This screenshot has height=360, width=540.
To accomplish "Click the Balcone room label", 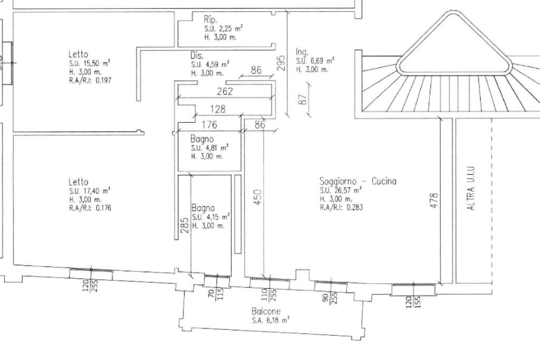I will [266, 312].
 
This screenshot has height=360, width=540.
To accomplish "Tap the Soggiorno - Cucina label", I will [358, 181].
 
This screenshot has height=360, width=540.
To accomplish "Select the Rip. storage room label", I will [210, 19].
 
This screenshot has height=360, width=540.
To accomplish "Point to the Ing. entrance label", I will [302, 52].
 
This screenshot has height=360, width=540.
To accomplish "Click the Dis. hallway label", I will [197, 55].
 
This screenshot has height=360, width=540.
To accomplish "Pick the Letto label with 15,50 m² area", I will [78, 54].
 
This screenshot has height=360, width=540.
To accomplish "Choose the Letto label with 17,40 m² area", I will [78, 182].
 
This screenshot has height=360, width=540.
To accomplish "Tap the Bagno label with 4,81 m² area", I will [202, 139].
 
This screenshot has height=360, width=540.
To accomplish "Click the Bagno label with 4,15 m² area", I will [203, 208].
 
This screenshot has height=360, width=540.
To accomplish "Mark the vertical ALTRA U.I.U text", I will [471, 188].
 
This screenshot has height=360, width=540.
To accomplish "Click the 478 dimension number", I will [435, 200].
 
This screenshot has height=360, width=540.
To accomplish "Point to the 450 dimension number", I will [258, 198].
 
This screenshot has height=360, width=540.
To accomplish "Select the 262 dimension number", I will [225, 92].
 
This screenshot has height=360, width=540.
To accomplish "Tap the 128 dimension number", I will [218, 110].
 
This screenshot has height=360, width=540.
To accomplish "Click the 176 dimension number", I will [210, 125].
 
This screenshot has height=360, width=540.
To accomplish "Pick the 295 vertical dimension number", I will [281, 63].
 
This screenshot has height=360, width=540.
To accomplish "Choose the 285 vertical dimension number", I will [184, 225].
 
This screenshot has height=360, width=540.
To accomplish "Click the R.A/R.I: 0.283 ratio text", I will [341, 208].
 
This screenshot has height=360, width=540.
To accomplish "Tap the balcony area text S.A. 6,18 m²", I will [270, 320].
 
